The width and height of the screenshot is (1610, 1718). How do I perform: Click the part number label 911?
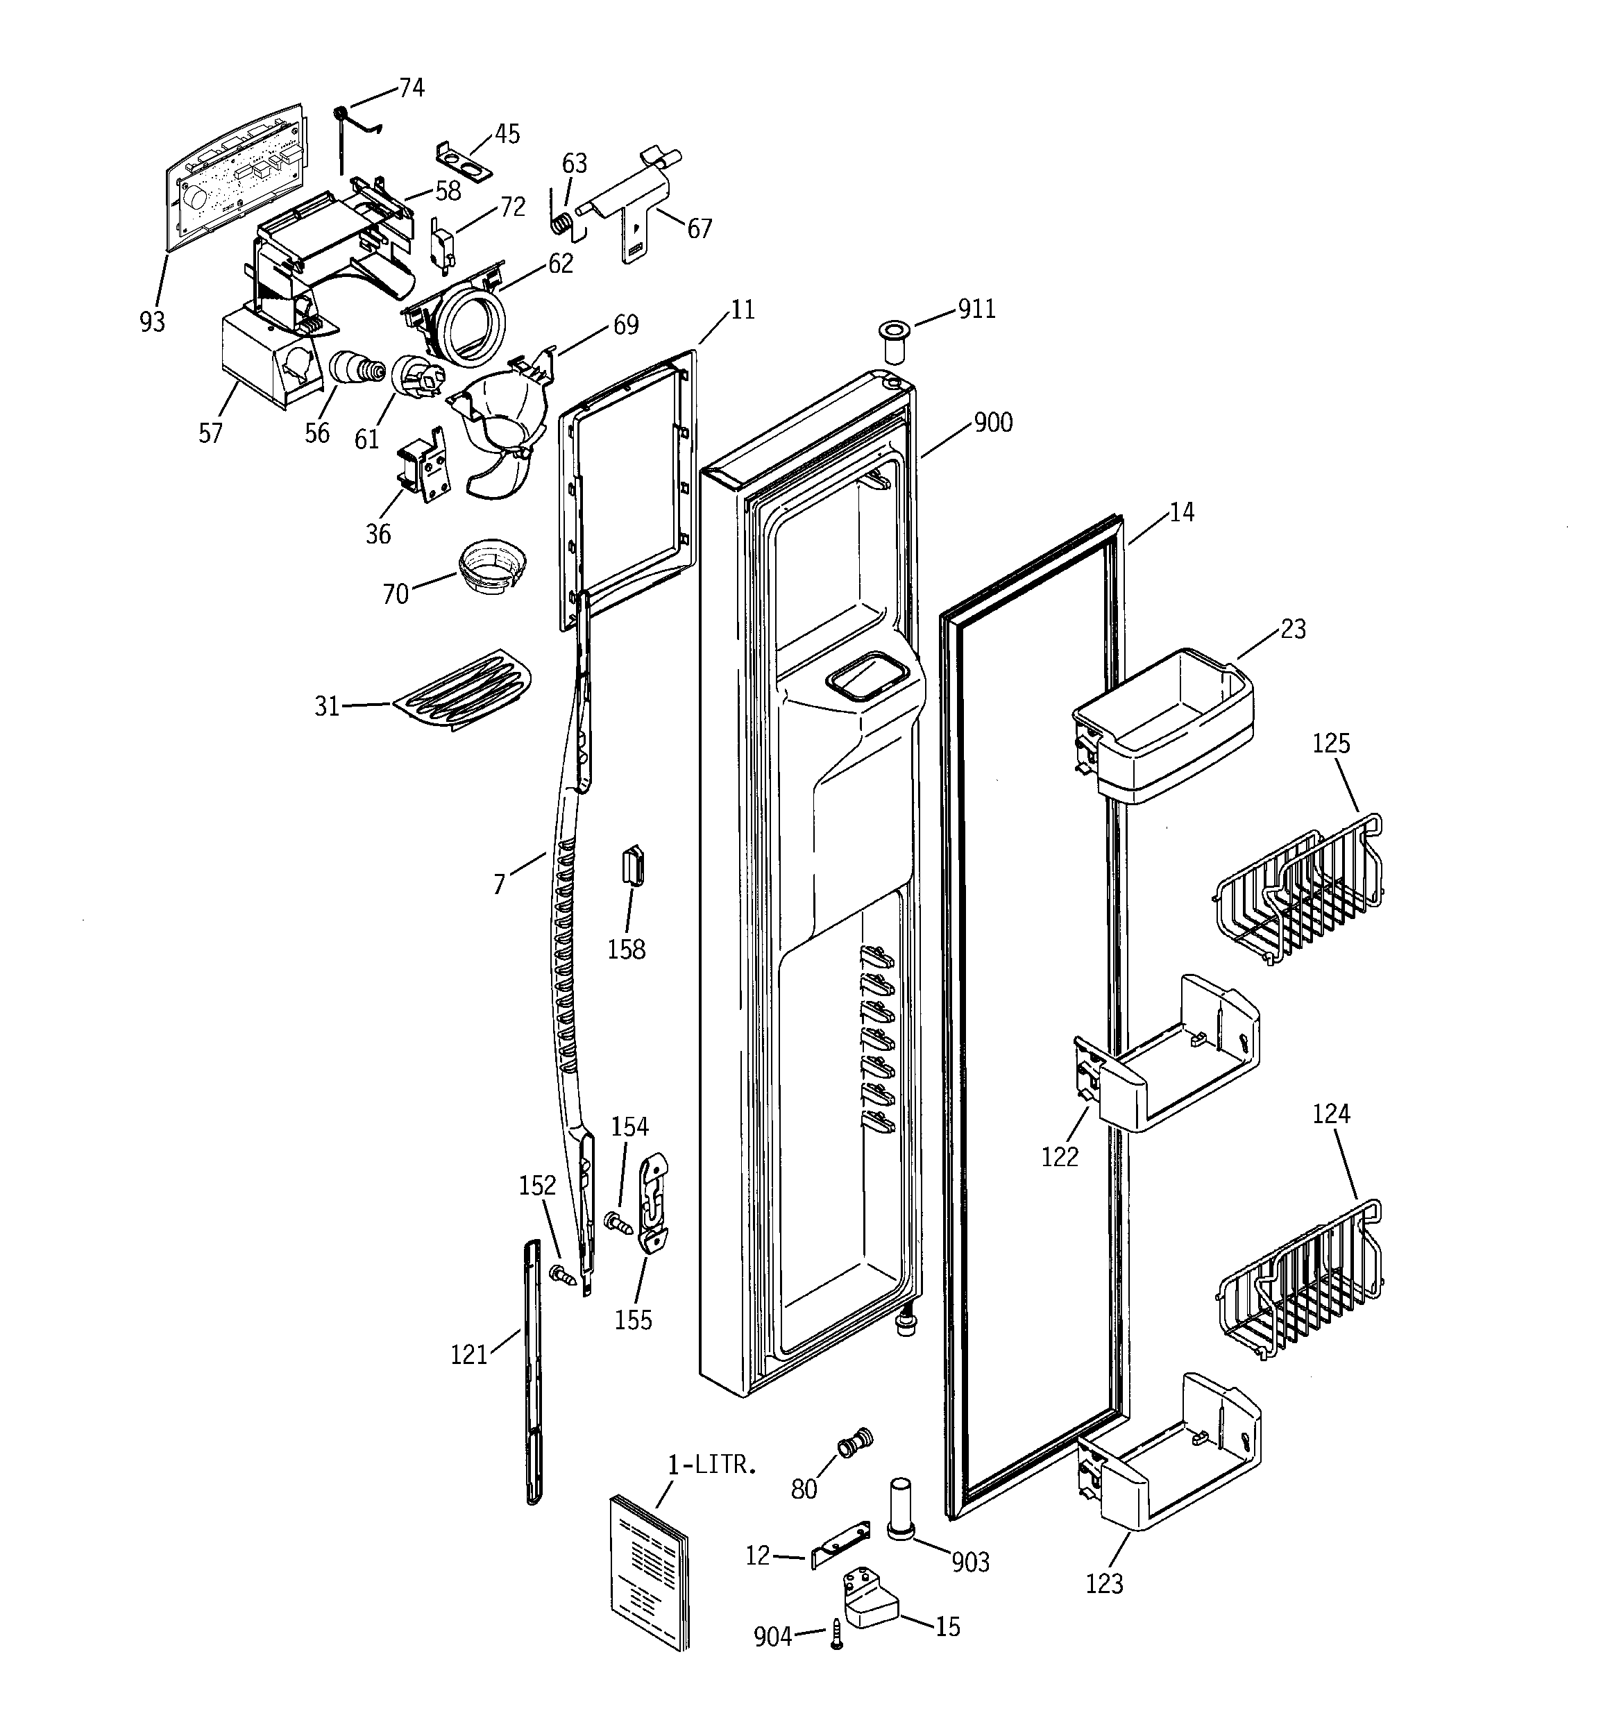coord(976,308)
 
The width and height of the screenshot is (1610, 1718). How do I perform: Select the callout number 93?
coord(152,321)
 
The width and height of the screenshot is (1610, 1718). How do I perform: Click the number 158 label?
coord(626,949)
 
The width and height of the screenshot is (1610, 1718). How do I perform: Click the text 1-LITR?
coord(712,1464)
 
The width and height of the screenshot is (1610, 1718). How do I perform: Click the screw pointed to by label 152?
coord(563,1273)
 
